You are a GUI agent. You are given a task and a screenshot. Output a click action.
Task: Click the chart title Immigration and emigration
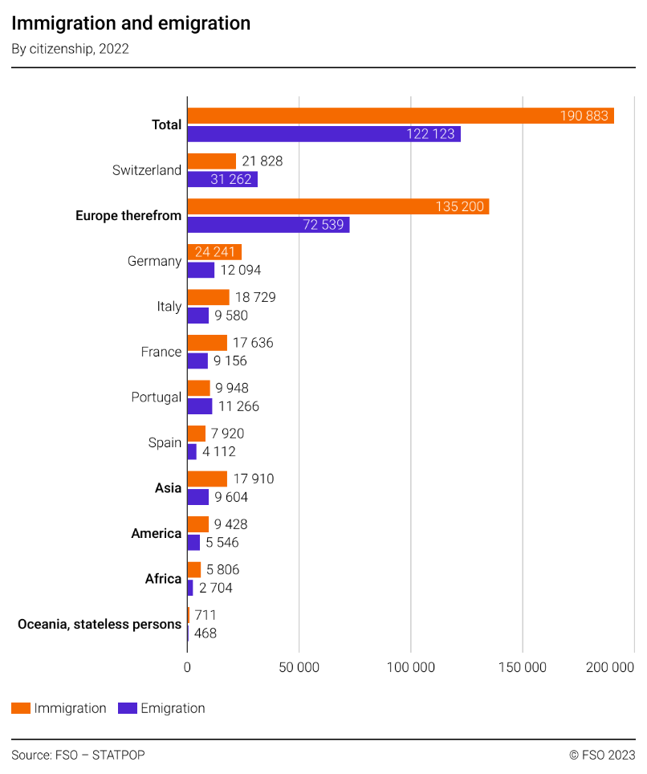tap(131, 23)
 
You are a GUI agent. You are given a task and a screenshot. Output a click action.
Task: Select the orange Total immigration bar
tap(400, 116)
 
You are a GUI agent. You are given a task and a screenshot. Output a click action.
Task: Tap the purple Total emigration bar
tap(323, 134)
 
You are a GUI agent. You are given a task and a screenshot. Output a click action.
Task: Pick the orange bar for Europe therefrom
tap(337, 206)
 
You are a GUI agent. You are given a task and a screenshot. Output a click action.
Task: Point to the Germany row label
tap(154, 261)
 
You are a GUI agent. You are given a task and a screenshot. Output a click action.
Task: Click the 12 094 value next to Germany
tap(241, 270)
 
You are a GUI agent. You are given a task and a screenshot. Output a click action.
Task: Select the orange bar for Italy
tap(208, 297)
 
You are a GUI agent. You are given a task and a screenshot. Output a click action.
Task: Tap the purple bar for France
tap(197, 361)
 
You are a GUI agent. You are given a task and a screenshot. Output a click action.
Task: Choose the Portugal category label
tap(156, 397)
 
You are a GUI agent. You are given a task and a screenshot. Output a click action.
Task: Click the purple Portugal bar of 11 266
tap(199, 406)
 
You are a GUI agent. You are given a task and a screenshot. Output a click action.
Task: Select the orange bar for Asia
tap(206, 479)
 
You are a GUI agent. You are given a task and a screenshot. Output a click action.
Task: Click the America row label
tap(156, 533)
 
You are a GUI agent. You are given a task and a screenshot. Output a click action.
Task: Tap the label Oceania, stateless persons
tap(100, 624)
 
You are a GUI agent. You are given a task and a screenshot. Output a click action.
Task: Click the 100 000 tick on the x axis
tap(410, 668)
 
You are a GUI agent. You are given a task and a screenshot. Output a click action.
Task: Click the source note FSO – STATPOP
tap(78, 755)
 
